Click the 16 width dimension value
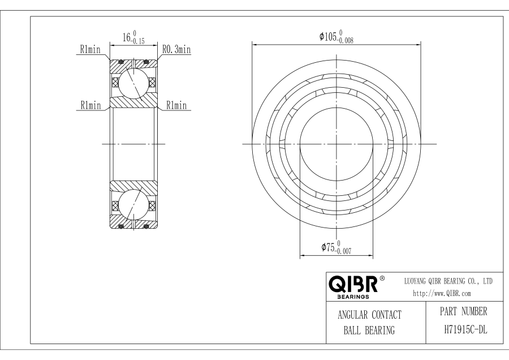pos(126,37)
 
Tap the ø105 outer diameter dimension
pos(337,36)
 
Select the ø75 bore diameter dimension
pos(336,247)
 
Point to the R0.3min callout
pos(176,49)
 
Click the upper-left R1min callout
pos(90,49)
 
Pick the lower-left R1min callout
pos(91,105)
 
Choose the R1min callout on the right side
pos(176,105)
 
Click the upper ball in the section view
pos(133,83)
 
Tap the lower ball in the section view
pos(133,205)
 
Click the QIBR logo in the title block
pos(353,284)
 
